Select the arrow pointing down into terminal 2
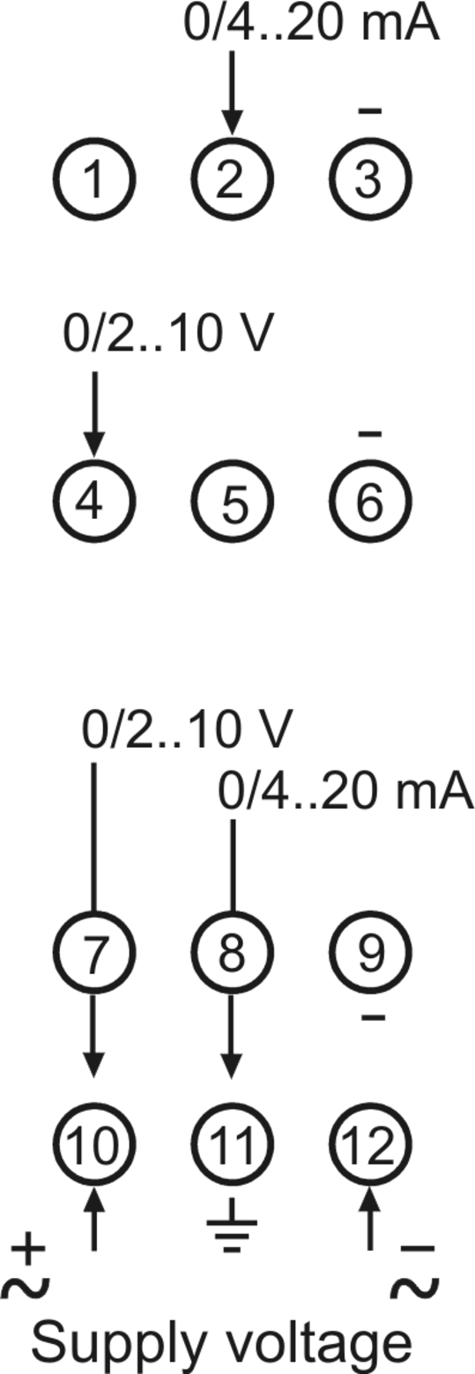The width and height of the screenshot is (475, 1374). click(x=232, y=92)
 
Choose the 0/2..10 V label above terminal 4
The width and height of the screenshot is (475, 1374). click(x=167, y=334)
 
